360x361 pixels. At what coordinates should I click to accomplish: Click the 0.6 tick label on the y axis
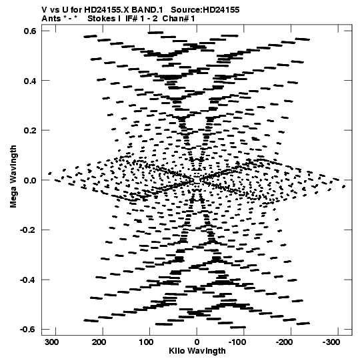click(x=30, y=31)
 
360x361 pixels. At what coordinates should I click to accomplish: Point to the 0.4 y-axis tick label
click(x=30, y=81)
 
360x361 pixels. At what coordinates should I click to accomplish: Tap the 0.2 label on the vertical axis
click(x=30, y=131)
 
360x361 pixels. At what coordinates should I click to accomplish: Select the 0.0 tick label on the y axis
click(x=30, y=180)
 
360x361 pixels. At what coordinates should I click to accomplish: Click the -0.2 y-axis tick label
click(x=28, y=230)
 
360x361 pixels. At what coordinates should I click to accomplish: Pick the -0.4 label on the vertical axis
click(x=28, y=280)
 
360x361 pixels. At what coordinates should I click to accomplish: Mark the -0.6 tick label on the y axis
click(x=28, y=330)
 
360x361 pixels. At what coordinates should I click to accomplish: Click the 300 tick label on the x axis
click(x=52, y=342)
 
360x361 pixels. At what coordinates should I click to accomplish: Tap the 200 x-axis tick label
click(x=99, y=342)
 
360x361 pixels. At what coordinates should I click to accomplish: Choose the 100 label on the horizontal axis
click(x=146, y=342)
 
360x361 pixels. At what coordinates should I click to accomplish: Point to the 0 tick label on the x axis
click(x=197, y=342)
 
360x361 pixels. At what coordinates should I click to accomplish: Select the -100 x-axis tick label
click(x=237, y=342)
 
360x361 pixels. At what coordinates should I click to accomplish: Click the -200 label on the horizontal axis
click(x=284, y=342)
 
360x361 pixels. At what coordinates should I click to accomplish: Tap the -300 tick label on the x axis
click(x=331, y=342)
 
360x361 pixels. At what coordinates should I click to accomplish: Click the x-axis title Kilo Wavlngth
click(x=197, y=351)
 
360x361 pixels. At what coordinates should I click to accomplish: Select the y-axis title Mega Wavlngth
click(x=13, y=177)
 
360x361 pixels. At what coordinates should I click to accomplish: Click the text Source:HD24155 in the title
click(x=205, y=10)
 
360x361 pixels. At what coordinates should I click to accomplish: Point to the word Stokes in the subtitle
click(x=101, y=19)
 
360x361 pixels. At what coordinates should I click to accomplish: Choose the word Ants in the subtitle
click(x=51, y=19)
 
